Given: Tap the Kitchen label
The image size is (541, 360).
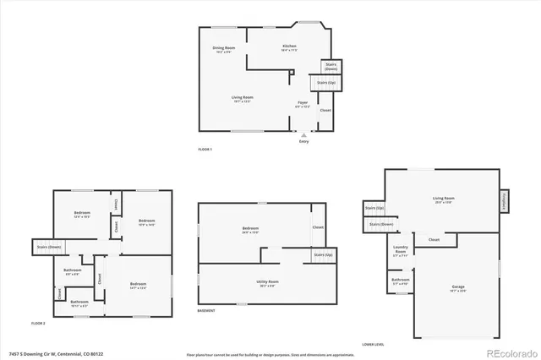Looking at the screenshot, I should click(x=289, y=47).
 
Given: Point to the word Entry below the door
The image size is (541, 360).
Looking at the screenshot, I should click(x=303, y=141).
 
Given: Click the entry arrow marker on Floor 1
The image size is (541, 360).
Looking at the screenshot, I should click(x=303, y=134).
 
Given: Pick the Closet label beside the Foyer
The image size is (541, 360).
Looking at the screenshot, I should click(x=325, y=110).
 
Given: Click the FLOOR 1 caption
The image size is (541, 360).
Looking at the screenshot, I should click(x=205, y=150).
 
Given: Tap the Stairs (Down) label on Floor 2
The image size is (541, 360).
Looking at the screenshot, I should click(x=48, y=246).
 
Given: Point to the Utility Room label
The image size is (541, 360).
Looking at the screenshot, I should click(x=267, y=281).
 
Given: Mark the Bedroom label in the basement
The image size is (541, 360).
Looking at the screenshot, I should click(x=250, y=229).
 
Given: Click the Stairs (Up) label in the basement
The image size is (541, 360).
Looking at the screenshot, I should click(x=322, y=254).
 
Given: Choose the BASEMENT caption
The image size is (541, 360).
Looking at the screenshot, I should click(x=206, y=311).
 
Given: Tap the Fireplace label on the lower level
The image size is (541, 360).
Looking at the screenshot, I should click(x=503, y=200).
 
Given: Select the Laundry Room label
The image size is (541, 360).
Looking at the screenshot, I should click(x=402, y=250).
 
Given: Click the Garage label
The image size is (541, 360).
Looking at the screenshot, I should click(x=457, y=288).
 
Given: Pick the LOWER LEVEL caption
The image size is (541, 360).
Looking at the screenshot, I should click(x=374, y=345).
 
